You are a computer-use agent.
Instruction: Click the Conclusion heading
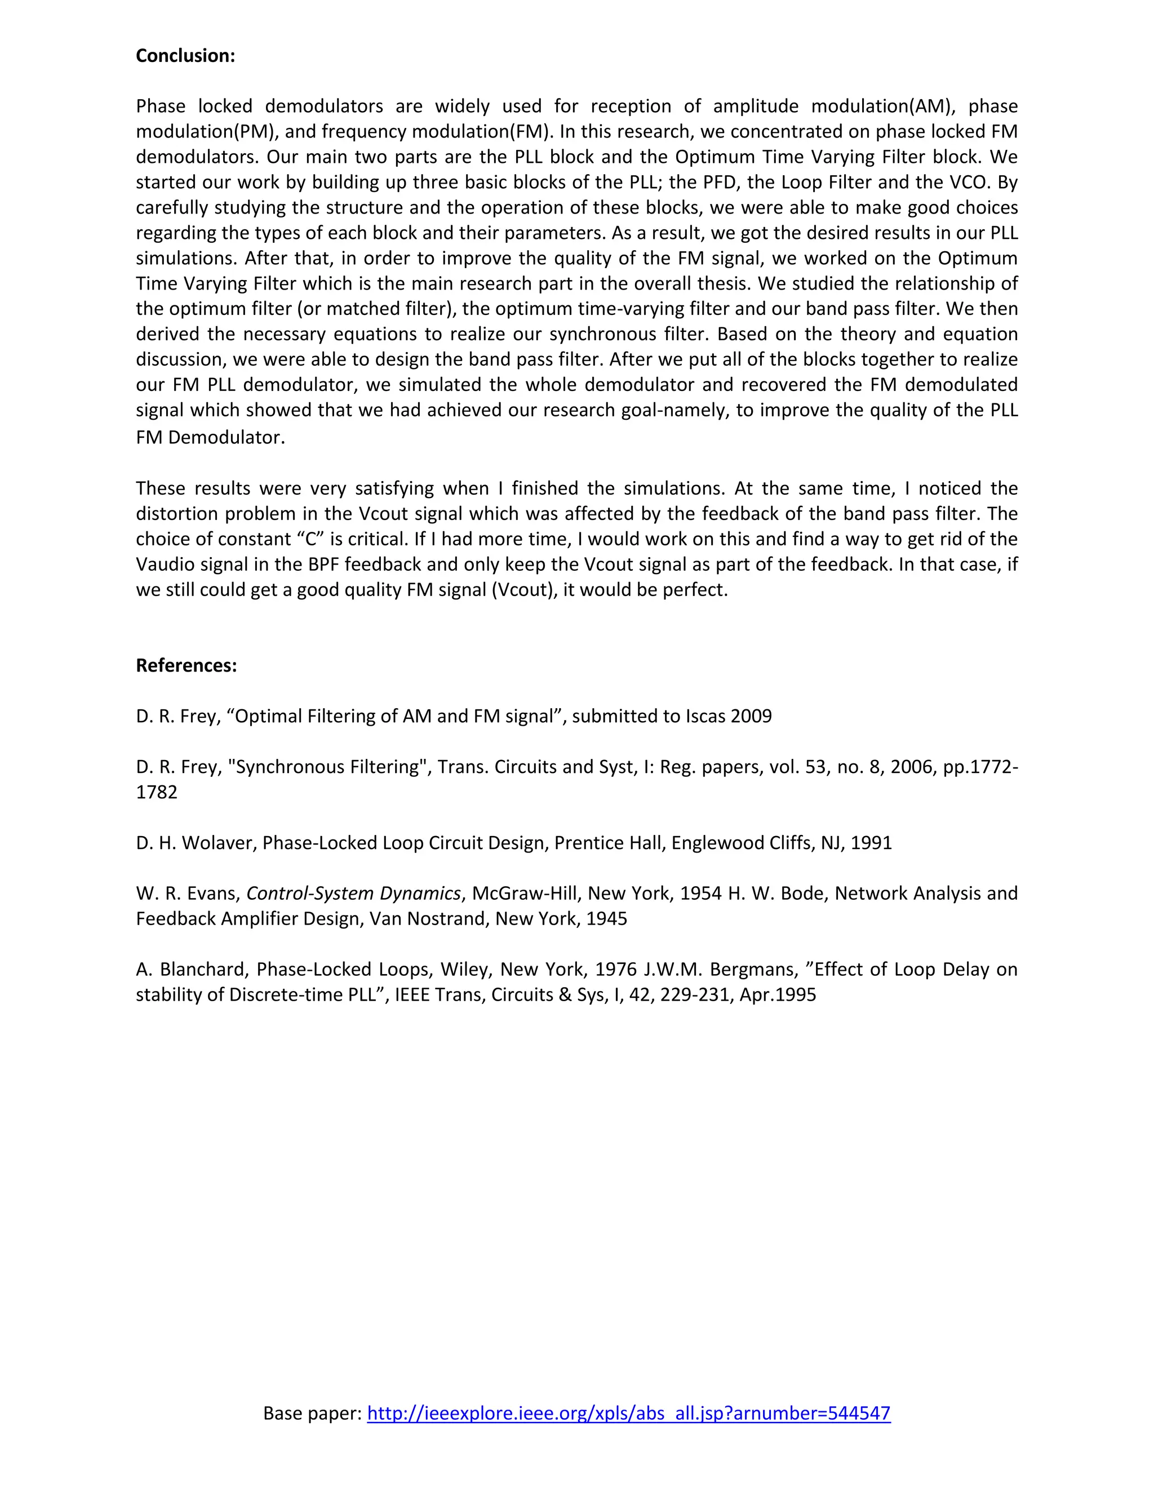coord(185,55)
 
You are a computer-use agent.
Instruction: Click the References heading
coord(186,665)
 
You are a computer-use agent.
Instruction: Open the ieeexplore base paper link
coord(628,1413)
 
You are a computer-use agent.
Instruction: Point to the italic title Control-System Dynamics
coord(353,893)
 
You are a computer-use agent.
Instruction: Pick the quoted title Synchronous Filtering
coord(327,766)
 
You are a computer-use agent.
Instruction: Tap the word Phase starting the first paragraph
coord(161,106)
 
